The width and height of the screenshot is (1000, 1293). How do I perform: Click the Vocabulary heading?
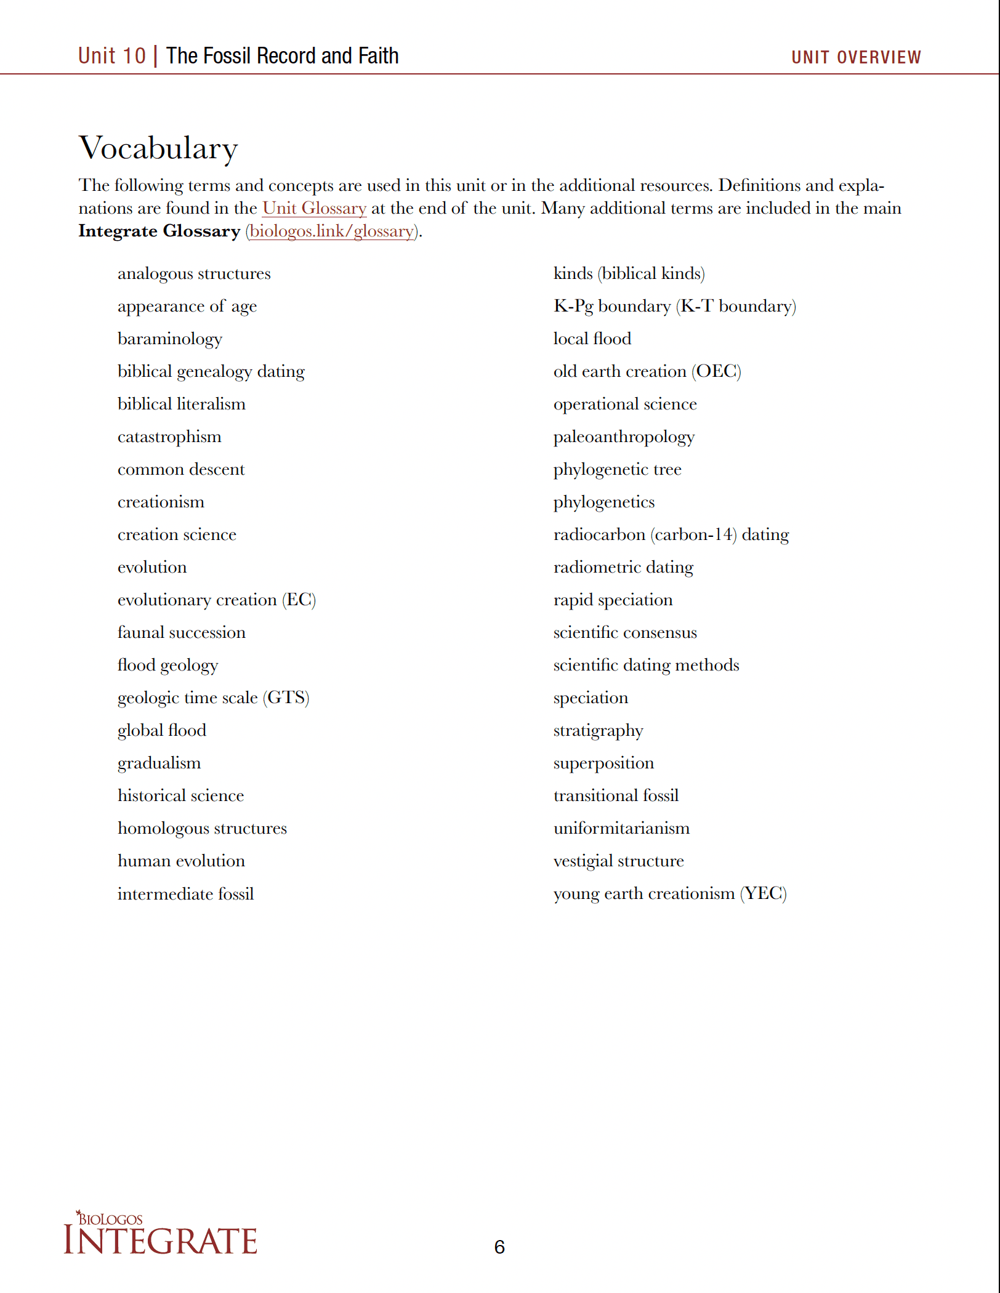(158, 148)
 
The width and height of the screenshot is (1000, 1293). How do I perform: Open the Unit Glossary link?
(314, 208)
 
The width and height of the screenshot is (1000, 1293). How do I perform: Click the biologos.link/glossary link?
(332, 231)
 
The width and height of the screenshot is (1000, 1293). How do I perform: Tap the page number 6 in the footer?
(499, 1247)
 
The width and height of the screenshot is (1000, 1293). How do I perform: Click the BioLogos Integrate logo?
(160, 1234)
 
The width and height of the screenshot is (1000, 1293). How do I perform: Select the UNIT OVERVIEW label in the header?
(856, 57)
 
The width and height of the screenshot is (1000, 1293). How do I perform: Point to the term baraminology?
(170, 339)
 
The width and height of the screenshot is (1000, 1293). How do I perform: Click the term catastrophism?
(169, 437)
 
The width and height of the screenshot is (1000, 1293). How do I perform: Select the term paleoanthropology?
(624, 437)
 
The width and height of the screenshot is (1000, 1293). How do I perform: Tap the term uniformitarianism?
(621, 829)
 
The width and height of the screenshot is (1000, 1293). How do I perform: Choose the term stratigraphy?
(598, 731)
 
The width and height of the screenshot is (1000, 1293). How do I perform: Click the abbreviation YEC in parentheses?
(764, 893)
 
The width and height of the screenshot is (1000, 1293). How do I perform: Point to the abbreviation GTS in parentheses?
(286, 698)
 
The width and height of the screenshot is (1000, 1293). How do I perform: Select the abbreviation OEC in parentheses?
(716, 371)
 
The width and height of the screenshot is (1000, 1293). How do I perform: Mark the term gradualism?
(159, 763)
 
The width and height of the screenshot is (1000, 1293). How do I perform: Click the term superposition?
(603, 763)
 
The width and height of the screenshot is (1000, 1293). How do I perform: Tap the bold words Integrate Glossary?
(159, 231)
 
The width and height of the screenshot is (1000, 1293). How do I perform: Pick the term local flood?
(592, 339)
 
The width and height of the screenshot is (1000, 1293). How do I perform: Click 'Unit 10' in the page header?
(112, 56)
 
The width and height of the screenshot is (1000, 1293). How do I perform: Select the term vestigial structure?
(618, 861)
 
